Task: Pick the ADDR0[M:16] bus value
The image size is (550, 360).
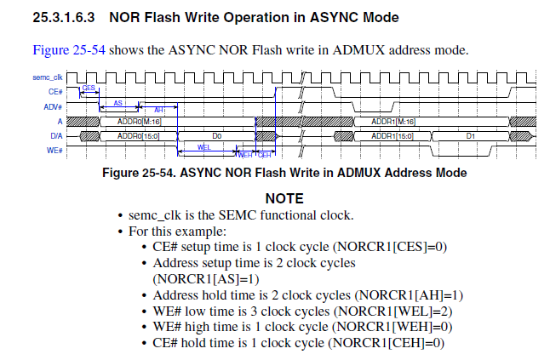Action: (x=135, y=122)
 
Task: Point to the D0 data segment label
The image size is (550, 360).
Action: (x=216, y=136)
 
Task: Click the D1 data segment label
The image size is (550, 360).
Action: (x=471, y=136)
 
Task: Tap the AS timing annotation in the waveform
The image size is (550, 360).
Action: (x=118, y=102)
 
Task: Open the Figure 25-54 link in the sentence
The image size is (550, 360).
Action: (x=69, y=49)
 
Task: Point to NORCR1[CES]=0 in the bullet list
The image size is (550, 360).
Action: (x=390, y=247)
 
